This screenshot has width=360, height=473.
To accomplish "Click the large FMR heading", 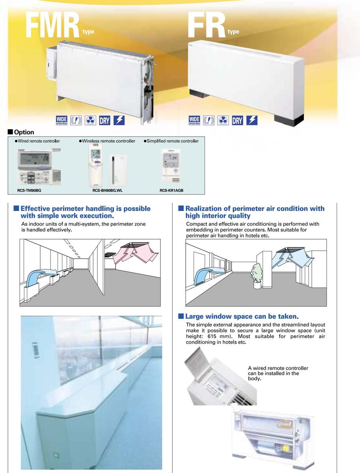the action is [x=52, y=26].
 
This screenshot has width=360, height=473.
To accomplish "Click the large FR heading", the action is [x=206, y=26].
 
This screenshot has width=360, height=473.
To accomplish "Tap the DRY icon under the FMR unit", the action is [x=104, y=120].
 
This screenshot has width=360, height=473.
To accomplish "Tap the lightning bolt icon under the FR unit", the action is [x=252, y=120].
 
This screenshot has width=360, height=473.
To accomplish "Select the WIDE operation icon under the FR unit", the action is [x=194, y=120].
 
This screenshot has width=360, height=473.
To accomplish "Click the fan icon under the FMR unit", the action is [x=90, y=120].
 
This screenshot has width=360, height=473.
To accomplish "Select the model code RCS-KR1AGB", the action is [x=172, y=190].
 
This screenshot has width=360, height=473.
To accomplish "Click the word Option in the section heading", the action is [x=24, y=132].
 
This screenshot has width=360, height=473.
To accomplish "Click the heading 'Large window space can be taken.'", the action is [x=242, y=316].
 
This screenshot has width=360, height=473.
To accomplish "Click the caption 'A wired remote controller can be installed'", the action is [x=278, y=373].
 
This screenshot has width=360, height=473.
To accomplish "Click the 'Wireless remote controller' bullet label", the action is [x=108, y=141].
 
